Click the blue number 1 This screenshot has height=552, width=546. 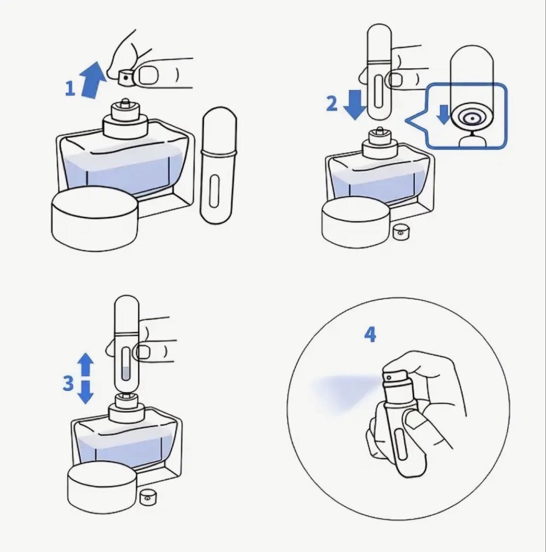point(70,88)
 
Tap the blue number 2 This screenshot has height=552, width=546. point(332,103)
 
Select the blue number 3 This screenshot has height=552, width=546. point(68,383)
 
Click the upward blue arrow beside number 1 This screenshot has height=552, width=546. point(92,80)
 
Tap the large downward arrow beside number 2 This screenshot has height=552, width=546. point(355,105)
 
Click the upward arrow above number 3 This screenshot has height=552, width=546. point(86,364)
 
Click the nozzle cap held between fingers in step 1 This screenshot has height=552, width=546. point(126,78)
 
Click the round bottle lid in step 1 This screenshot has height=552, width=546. point(95,219)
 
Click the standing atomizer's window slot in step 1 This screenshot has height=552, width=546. point(214,191)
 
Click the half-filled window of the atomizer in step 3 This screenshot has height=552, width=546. point(126,363)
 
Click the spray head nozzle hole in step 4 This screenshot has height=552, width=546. point(389,377)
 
